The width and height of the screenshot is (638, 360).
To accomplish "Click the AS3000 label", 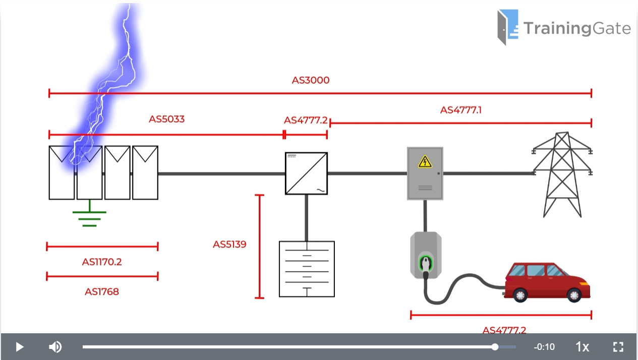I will (x=311, y=80).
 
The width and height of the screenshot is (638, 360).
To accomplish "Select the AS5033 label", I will (x=166, y=119).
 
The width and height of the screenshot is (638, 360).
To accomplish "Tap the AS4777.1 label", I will (x=461, y=110).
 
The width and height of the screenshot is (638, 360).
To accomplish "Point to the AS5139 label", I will (x=229, y=245).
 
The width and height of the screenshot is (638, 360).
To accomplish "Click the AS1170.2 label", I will (x=102, y=262).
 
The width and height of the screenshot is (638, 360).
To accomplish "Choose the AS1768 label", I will (x=102, y=291).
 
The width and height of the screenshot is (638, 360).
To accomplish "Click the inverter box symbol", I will (x=306, y=173).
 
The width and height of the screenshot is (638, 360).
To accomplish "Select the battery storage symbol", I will (x=307, y=269).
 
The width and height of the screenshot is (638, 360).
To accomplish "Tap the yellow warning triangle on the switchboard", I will (x=425, y=161).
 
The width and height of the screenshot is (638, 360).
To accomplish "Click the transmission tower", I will (x=562, y=174).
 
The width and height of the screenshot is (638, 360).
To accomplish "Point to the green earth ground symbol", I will (x=89, y=214).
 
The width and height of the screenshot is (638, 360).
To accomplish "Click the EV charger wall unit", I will (x=426, y=255).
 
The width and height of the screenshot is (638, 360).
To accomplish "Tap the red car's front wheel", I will (x=574, y=294).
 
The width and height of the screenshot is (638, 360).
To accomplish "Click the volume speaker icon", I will (x=55, y=347).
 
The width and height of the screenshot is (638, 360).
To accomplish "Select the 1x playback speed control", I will (x=583, y=347).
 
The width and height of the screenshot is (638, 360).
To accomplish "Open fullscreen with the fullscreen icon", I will (x=618, y=347).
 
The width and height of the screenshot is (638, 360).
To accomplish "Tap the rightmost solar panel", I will (x=145, y=172).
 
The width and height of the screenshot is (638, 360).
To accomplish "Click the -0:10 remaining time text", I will (x=544, y=347).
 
